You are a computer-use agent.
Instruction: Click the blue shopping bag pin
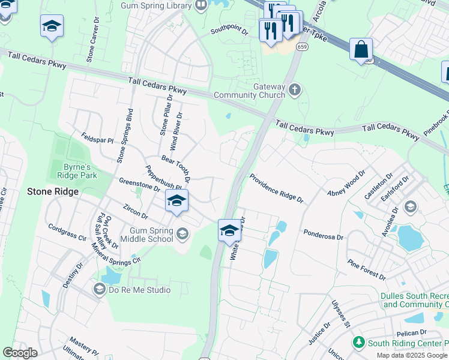(361, 50)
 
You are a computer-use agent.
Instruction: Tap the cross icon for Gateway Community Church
(294, 90)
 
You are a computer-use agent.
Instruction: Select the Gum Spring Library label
(156, 6)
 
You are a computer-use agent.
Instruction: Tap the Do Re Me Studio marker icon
(99, 290)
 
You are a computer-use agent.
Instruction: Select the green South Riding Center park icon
(358, 343)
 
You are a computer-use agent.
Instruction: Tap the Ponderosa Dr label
(323, 233)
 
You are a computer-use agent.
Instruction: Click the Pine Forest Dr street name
(366, 269)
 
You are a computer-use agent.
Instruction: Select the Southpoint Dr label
(229, 30)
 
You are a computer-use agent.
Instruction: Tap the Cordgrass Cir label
(67, 233)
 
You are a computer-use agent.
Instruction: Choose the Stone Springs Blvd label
(125, 136)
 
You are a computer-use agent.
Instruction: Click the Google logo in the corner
(20, 353)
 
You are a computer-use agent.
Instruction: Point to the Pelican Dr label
(411, 332)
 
